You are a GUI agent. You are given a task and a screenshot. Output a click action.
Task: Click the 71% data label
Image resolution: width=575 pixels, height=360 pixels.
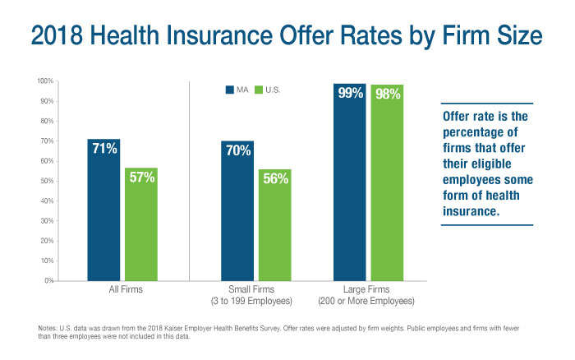pos(104,149)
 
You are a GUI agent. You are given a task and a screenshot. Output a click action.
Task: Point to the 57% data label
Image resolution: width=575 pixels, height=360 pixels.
pos(141,177)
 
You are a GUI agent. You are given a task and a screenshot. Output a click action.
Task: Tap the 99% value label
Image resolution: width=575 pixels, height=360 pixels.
pos(349,94)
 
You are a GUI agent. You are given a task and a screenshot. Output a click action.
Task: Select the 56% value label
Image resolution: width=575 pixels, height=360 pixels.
pos(274,178)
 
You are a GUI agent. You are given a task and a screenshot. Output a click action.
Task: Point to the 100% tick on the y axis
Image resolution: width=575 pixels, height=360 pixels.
pos(44,81)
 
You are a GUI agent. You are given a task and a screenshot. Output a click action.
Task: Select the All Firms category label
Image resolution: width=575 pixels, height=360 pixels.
pos(122,290)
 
